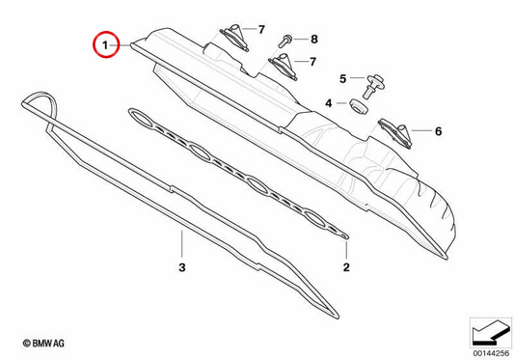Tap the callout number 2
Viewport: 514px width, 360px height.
[x=346, y=267]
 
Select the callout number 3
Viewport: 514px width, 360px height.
[x=182, y=267]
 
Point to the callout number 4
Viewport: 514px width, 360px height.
[x=329, y=103]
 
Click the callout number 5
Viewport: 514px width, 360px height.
[x=343, y=79]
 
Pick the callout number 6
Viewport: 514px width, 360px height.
[x=438, y=131]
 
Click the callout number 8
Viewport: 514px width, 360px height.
[x=314, y=40]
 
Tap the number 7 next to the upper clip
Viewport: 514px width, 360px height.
[x=261, y=30]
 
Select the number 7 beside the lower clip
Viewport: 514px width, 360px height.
[x=313, y=62]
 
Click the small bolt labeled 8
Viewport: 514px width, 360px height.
[x=285, y=41]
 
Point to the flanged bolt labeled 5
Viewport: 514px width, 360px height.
[x=372, y=86]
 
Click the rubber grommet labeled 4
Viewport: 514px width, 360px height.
[x=359, y=106]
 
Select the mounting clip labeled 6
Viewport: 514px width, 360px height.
[x=395, y=133]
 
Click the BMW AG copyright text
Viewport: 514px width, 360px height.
[x=43, y=344]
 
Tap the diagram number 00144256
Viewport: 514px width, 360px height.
[x=491, y=353]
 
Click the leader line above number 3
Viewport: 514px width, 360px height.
[x=181, y=244]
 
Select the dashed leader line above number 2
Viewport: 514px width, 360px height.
[x=346, y=249]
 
